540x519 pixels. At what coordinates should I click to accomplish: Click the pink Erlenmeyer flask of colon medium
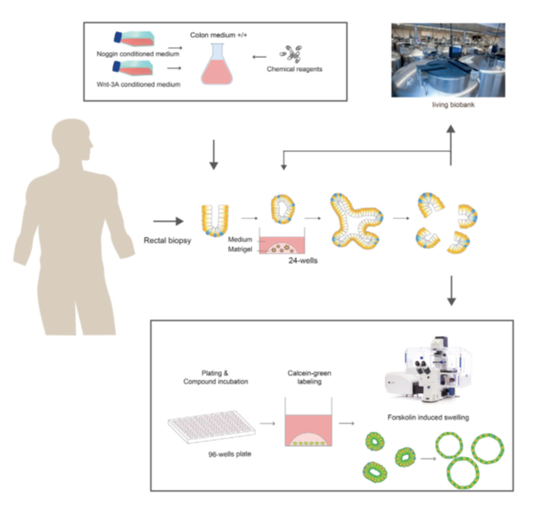click(x=217, y=65)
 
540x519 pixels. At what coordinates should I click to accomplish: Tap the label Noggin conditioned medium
click(x=138, y=54)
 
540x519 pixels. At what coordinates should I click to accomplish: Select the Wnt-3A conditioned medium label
click(x=139, y=84)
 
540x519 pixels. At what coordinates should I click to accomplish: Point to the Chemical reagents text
click(x=294, y=69)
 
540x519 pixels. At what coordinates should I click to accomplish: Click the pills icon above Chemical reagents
click(x=291, y=54)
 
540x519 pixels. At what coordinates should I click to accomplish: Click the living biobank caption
click(x=453, y=105)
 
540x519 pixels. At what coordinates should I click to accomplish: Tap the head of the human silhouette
click(x=71, y=138)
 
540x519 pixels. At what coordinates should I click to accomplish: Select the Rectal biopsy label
click(x=167, y=240)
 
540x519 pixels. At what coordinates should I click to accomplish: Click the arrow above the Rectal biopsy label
click(x=168, y=221)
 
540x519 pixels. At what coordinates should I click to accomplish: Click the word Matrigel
click(x=240, y=249)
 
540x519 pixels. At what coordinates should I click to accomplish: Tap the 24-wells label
click(x=303, y=260)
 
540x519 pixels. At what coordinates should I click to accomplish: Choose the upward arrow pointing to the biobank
click(x=451, y=145)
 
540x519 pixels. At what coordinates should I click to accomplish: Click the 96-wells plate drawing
click(x=211, y=426)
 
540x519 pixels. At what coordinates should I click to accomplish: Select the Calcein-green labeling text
click(x=310, y=377)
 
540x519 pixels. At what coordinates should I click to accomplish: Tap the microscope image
click(x=429, y=369)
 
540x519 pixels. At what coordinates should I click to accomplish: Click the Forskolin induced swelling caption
click(x=428, y=417)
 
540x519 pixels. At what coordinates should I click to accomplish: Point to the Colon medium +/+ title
click(x=219, y=35)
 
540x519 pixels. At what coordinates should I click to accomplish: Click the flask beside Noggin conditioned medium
click(x=134, y=39)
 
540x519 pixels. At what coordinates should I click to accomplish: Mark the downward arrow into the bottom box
click(x=451, y=291)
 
